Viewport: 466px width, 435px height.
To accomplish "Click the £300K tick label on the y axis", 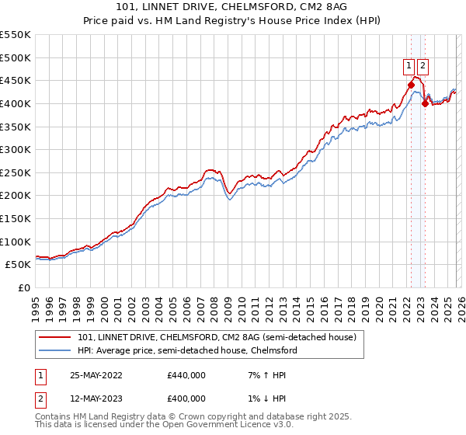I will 15,149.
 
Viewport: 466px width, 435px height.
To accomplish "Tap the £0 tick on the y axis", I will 24,287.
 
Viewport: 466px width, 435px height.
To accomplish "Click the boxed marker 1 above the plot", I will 409,66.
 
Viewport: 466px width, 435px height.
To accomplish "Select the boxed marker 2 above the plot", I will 423,66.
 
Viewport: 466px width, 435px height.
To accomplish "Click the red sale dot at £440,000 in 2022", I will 411,85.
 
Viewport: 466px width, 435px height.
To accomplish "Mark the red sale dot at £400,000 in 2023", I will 424,103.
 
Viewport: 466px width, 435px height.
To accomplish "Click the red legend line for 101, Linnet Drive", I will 56,337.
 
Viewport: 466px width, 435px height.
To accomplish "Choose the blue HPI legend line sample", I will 56,350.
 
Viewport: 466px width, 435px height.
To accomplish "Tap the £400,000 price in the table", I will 186,398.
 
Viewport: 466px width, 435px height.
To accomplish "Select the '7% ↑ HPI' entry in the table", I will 267,375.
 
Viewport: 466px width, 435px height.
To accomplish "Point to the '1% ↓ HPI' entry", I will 267,398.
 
